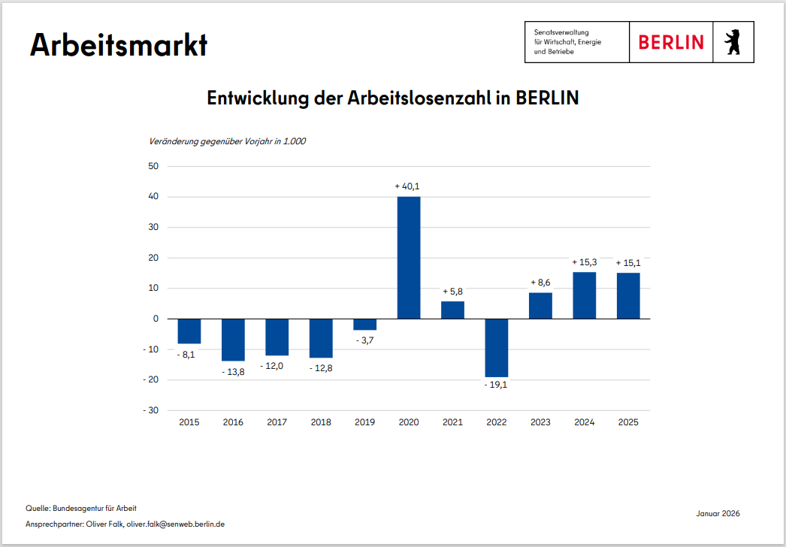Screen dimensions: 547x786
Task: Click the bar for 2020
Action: [409, 258]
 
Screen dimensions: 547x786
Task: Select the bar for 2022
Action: [497, 347]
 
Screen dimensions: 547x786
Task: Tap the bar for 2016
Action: [233, 340]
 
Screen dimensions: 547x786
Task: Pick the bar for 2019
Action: [365, 325]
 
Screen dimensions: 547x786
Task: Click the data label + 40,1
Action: [409, 186]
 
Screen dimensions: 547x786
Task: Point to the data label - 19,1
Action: [497, 385]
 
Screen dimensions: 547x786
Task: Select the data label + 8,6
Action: [540, 283]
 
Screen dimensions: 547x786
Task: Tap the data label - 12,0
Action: [277, 365]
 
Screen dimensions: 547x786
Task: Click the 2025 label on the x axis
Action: [628, 422]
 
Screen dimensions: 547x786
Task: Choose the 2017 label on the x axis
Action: [277, 422]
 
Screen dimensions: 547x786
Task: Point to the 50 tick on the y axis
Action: [153, 166]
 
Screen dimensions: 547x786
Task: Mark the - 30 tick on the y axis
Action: [150, 410]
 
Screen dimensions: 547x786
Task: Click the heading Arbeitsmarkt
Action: [119, 45]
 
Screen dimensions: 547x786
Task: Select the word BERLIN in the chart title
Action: [547, 98]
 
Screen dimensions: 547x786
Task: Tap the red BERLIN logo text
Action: [671, 42]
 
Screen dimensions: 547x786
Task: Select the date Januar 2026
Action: [718, 513]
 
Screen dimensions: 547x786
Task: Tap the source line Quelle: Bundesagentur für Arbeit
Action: [81, 509]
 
